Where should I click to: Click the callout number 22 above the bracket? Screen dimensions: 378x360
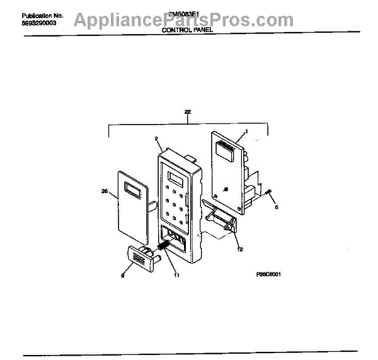click(188, 113)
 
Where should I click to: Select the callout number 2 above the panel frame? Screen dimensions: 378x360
click(155, 139)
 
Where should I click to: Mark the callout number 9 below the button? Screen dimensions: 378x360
click(122, 274)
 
